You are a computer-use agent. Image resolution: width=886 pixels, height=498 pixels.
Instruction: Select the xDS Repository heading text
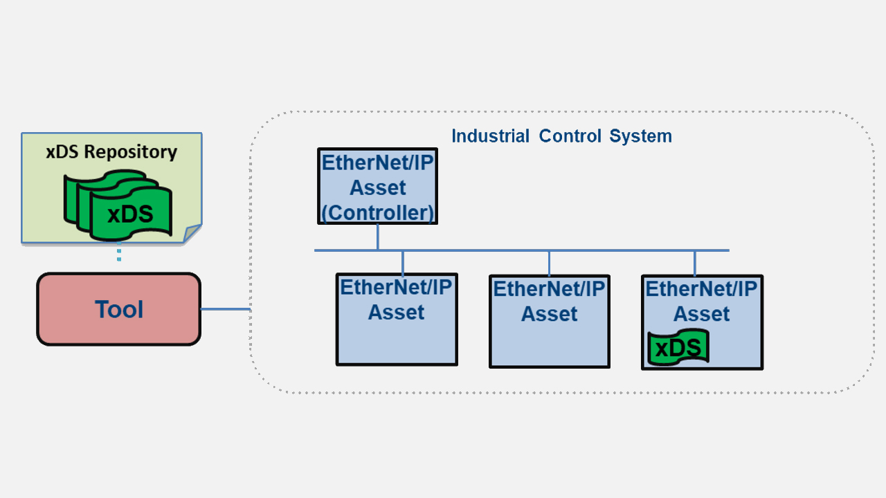coord(111,151)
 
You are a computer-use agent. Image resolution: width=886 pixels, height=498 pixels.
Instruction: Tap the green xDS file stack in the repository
coord(118,207)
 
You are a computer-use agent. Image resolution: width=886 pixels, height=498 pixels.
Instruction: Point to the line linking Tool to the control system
coord(225,309)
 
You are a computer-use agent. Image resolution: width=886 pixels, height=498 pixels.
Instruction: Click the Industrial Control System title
coord(561,136)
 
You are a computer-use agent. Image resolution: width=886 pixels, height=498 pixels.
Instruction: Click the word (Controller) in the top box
coord(378,212)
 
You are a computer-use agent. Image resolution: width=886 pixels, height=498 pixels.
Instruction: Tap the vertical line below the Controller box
coord(378,237)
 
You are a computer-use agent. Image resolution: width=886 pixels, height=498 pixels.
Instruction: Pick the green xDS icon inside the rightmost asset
coord(678,348)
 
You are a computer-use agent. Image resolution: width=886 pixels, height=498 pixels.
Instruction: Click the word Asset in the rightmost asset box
coord(702,314)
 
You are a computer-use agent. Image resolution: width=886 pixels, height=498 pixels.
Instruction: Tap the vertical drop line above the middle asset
coord(550,263)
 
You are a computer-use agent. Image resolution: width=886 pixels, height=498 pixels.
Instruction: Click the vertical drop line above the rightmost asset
coord(695,263)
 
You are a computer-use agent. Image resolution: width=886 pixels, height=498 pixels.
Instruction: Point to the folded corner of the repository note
coord(192,234)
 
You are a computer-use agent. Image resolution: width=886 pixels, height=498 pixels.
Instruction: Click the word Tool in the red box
coord(119,309)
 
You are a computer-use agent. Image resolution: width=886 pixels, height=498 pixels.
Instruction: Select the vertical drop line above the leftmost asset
coord(403,262)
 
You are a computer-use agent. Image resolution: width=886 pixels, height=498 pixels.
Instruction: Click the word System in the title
coord(640,136)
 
